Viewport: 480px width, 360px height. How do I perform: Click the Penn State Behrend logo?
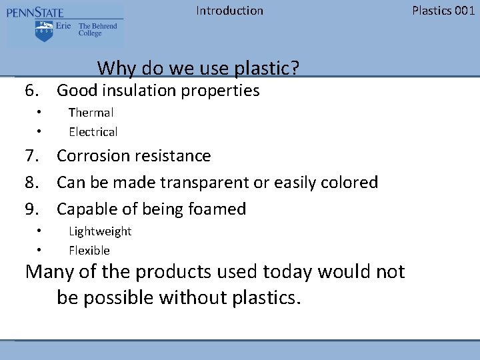(64, 25)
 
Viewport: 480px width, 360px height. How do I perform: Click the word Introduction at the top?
(229, 11)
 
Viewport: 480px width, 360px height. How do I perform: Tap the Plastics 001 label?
(443, 11)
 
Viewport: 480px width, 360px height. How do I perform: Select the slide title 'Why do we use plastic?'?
(198, 68)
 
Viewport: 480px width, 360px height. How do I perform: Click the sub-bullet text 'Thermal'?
(91, 113)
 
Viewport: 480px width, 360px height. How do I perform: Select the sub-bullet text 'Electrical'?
(93, 132)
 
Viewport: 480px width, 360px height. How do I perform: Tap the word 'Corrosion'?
(94, 156)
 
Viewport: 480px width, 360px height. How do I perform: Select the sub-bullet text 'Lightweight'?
(100, 231)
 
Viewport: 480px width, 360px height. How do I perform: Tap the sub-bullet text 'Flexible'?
(89, 251)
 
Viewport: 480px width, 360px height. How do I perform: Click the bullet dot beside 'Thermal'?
(40, 111)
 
